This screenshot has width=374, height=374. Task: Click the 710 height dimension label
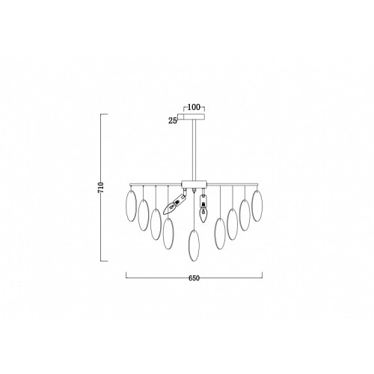(x=101, y=188)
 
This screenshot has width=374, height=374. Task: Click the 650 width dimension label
(x=194, y=278)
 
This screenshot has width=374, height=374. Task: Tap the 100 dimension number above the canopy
(x=194, y=107)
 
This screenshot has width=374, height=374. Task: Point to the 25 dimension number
(x=173, y=121)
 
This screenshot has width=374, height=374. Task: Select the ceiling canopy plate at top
(x=194, y=117)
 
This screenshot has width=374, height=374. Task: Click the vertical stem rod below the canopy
(x=194, y=150)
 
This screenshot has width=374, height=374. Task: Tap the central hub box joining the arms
(x=194, y=184)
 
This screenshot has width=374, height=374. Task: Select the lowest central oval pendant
(x=194, y=245)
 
